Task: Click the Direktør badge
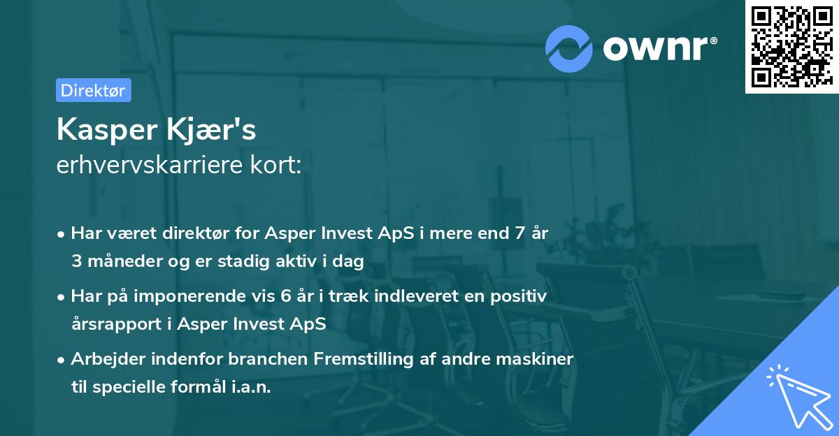[x=93, y=90]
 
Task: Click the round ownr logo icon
[x=569, y=48]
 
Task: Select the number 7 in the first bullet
[x=518, y=233]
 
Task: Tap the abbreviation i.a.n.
[x=248, y=387]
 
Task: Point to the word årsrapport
[x=111, y=324]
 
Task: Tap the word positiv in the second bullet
[x=522, y=296]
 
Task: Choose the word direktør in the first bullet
[x=184, y=233]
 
